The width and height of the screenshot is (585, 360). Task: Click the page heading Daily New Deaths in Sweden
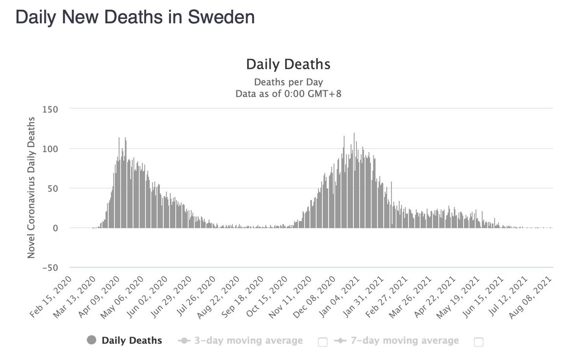(x=135, y=17)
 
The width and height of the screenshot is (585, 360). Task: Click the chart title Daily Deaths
(x=288, y=64)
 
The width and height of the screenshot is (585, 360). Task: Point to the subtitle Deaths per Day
(x=288, y=81)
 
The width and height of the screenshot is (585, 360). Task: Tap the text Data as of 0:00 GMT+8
(x=288, y=94)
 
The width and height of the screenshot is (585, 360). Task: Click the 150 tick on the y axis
(x=51, y=109)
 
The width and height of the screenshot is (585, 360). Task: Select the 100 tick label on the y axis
(x=51, y=148)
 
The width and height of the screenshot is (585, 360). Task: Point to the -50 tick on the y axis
(x=49, y=267)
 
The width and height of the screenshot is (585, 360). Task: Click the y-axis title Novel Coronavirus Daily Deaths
(x=31, y=188)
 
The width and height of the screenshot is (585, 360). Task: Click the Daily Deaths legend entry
(x=132, y=340)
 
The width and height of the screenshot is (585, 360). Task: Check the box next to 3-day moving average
(x=322, y=342)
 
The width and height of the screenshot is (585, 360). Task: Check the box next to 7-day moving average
(x=478, y=342)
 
